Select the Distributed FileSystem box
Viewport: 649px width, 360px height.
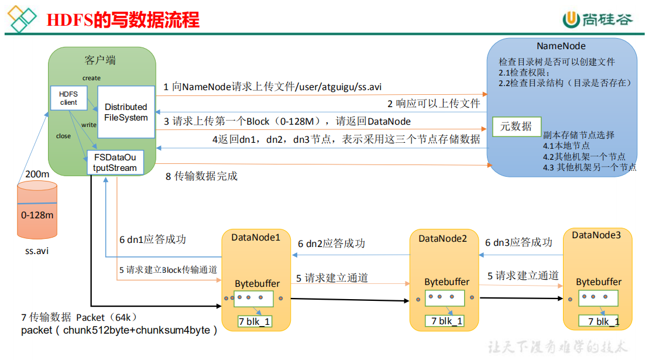click(x=126, y=112)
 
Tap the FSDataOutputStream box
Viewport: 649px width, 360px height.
click(x=115, y=162)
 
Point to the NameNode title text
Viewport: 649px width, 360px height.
click(x=561, y=46)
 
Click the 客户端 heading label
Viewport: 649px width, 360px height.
click(x=100, y=60)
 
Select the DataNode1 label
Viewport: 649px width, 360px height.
click(x=256, y=238)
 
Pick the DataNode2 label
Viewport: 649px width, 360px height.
click(x=442, y=238)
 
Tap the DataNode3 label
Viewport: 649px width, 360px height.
click(x=596, y=235)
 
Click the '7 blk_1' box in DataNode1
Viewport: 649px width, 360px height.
click(x=255, y=321)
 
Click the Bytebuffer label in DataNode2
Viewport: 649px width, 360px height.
click(x=447, y=282)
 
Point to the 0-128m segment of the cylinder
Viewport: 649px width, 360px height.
click(x=37, y=215)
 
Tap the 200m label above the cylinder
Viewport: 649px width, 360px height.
click(x=38, y=174)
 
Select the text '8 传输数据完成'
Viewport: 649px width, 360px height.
click(x=201, y=176)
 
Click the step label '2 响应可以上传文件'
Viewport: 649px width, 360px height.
click(x=433, y=104)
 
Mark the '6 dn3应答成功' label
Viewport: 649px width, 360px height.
click(x=518, y=242)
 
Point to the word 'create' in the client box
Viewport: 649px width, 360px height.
click(x=91, y=78)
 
